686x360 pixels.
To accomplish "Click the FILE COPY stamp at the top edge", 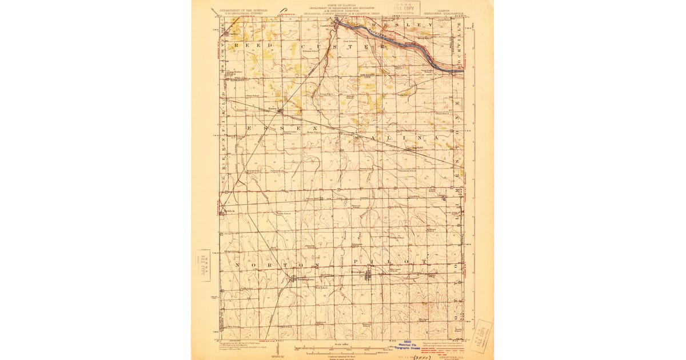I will point(402,8).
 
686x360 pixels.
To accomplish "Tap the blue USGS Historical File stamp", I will point(411,345).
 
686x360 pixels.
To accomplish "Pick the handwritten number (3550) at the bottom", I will point(422,354).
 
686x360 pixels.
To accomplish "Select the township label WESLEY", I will point(403,26).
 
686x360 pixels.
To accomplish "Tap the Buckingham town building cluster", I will point(294,279).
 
